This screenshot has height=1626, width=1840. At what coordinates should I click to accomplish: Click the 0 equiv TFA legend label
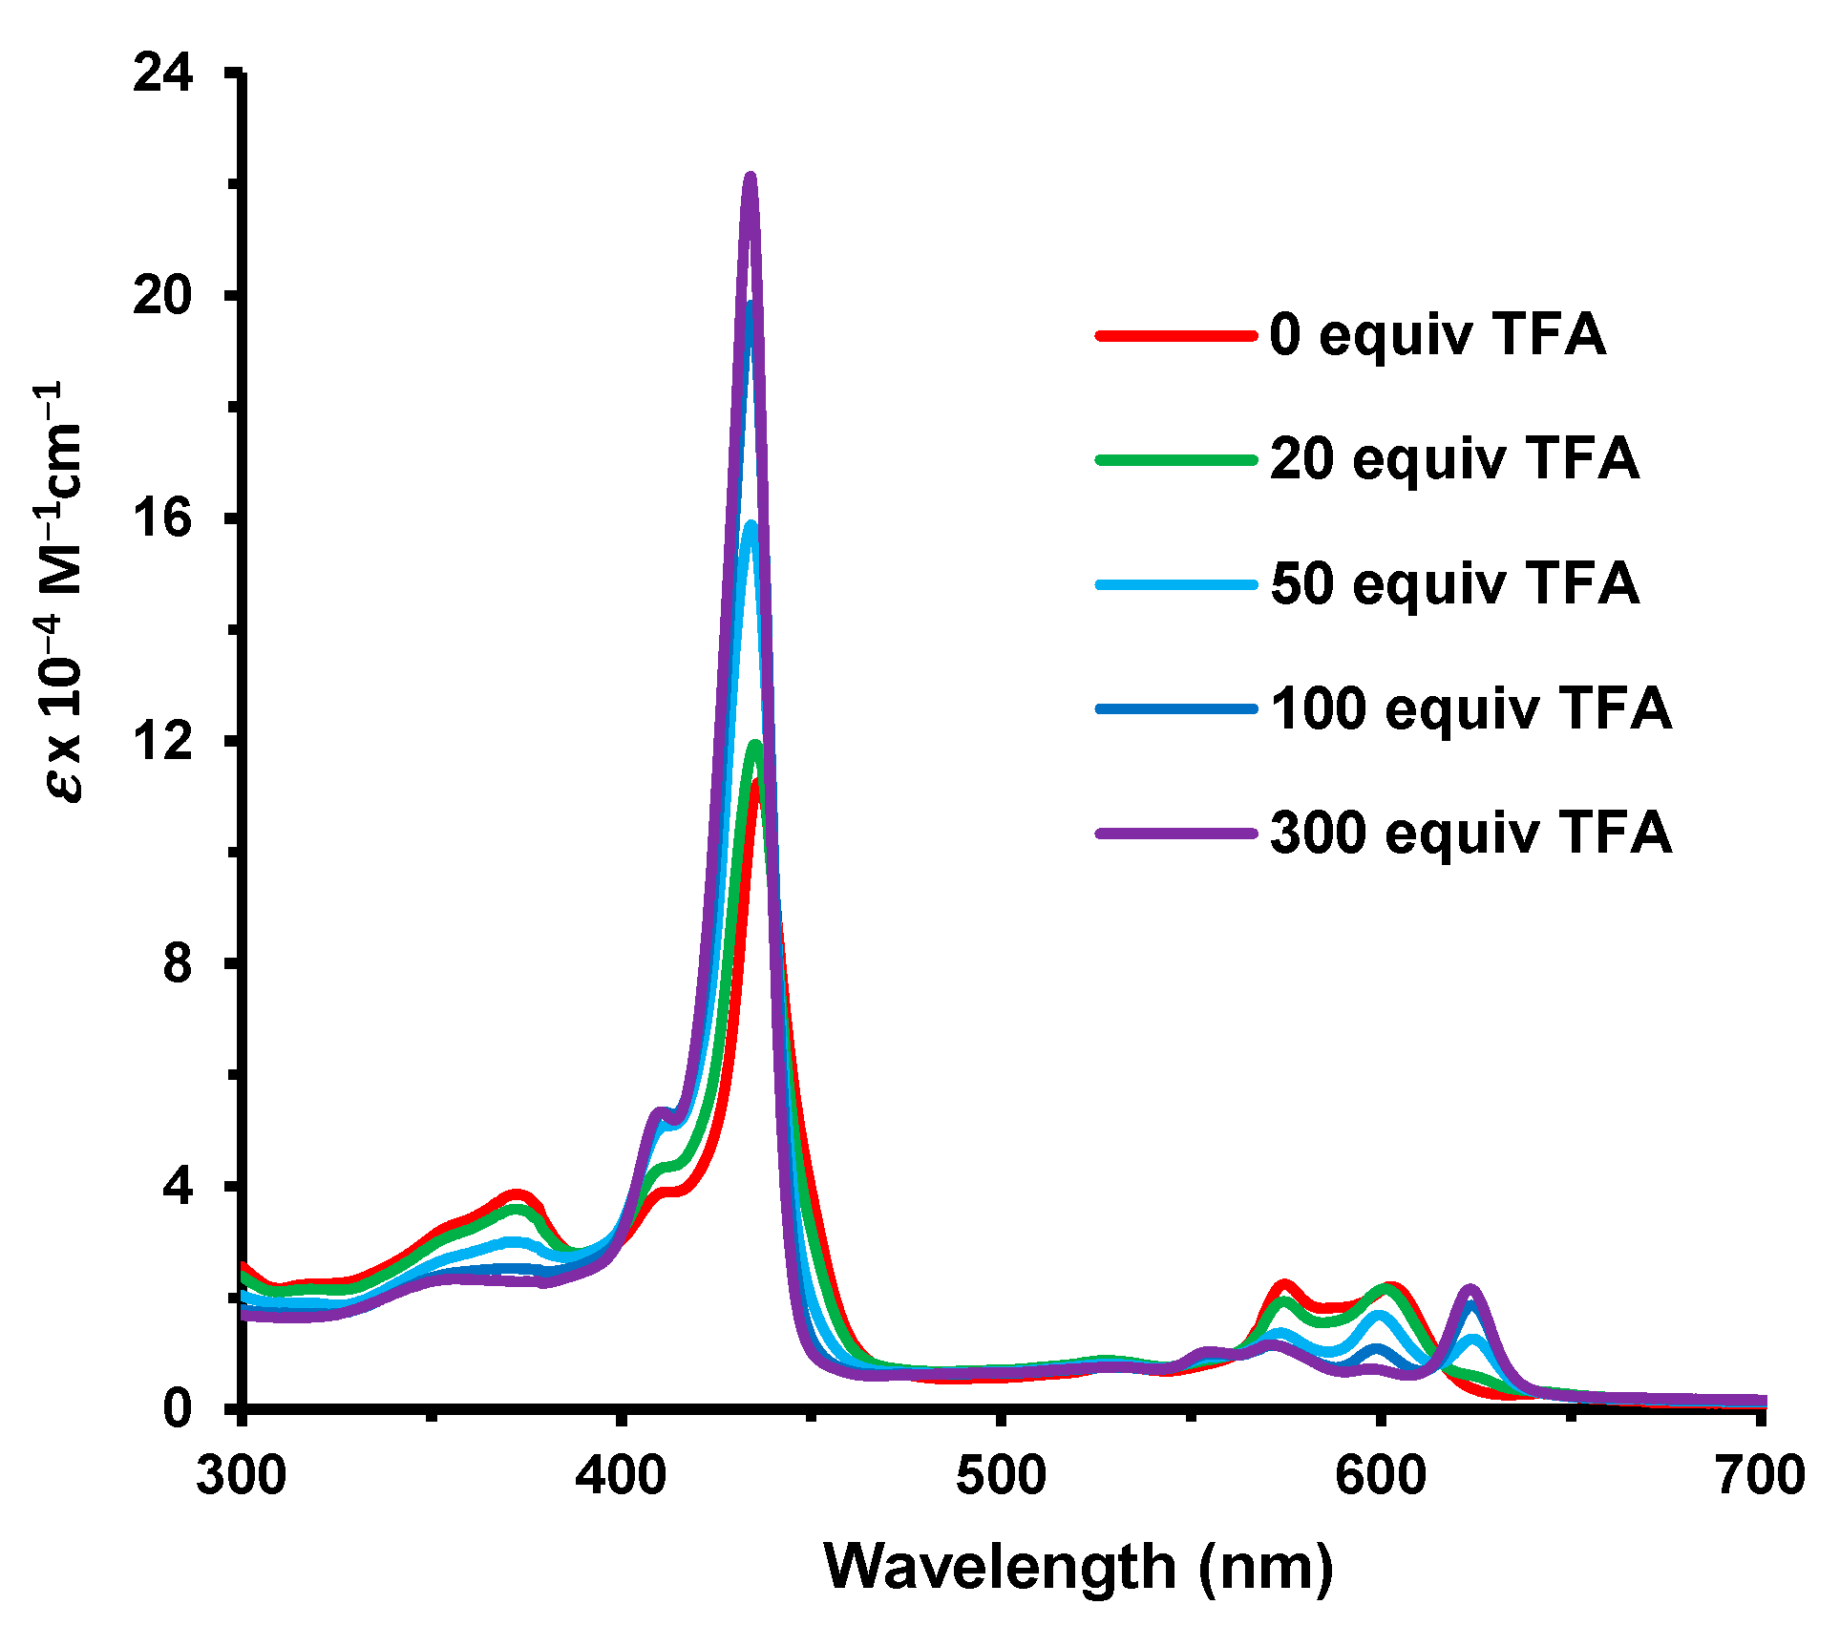click(x=1437, y=335)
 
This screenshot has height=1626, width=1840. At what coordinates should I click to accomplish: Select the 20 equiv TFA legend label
click(x=1454, y=459)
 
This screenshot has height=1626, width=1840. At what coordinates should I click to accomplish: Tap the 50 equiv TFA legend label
click(x=1454, y=583)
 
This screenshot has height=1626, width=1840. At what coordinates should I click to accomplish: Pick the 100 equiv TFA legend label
click(x=1470, y=708)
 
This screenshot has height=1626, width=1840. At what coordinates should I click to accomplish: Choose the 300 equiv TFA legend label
click(x=1470, y=833)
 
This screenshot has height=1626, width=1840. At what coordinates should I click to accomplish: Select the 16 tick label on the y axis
click(x=163, y=517)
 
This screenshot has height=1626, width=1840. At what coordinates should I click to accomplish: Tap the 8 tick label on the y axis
click(x=178, y=963)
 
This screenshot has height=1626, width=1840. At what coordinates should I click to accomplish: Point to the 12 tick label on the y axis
click(x=163, y=741)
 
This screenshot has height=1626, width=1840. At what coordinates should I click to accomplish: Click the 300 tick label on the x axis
click(x=242, y=1474)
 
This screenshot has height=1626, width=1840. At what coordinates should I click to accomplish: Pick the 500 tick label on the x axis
click(x=1001, y=1474)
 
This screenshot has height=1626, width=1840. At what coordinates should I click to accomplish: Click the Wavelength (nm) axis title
click(x=1079, y=1566)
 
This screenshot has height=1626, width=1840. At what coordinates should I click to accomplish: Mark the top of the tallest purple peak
click(x=750, y=178)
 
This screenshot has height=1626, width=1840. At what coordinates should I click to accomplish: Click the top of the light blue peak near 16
click(x=751, y=526)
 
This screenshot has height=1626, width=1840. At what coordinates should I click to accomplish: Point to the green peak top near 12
click(x=755, y=746)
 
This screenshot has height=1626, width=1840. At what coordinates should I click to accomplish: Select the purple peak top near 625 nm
click(x=1470, y=1291)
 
